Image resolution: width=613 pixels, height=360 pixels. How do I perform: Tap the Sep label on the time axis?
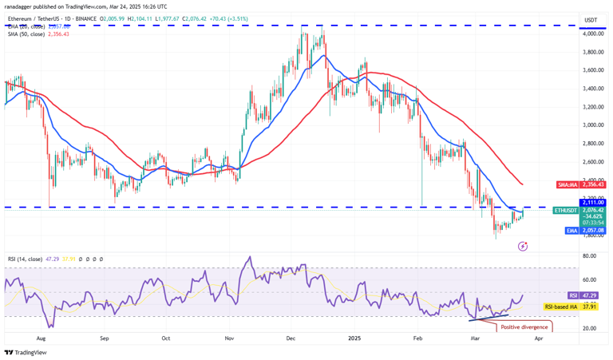104,338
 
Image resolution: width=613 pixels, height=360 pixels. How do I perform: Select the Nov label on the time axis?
228,338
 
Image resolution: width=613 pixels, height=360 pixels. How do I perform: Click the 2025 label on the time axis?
356,338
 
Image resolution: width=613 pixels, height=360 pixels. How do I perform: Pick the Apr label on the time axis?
539,338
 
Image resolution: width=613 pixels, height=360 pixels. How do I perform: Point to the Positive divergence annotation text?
524,326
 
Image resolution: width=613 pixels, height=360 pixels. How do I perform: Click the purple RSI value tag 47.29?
591,295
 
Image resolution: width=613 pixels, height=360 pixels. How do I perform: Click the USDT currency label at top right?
591,20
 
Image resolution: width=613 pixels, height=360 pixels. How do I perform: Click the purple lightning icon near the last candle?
522,246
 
